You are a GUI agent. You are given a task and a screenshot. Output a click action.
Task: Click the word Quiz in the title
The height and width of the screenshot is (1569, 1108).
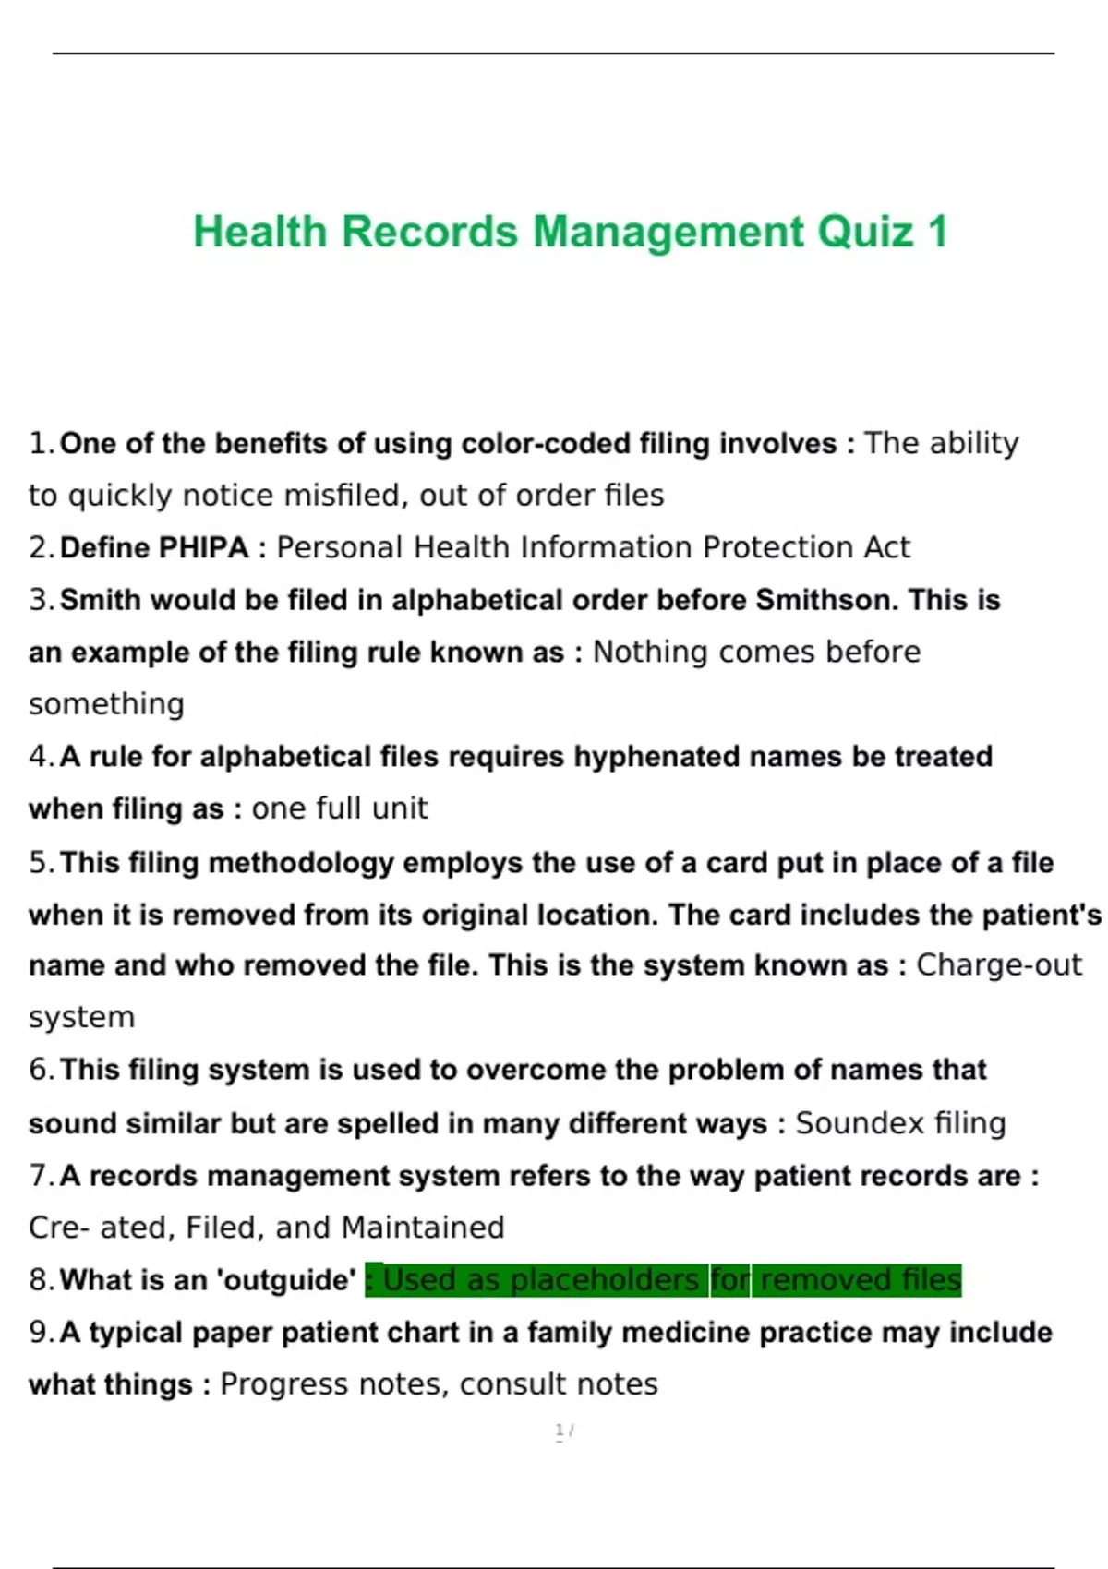point(865,232)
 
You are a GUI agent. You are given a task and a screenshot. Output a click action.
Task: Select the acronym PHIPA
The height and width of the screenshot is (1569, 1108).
point(203,548)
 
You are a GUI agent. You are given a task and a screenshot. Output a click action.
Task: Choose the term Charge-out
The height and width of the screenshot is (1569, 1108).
point(998,965)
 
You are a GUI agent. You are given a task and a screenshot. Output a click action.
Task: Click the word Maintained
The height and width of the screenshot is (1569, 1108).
point(422,1228)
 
